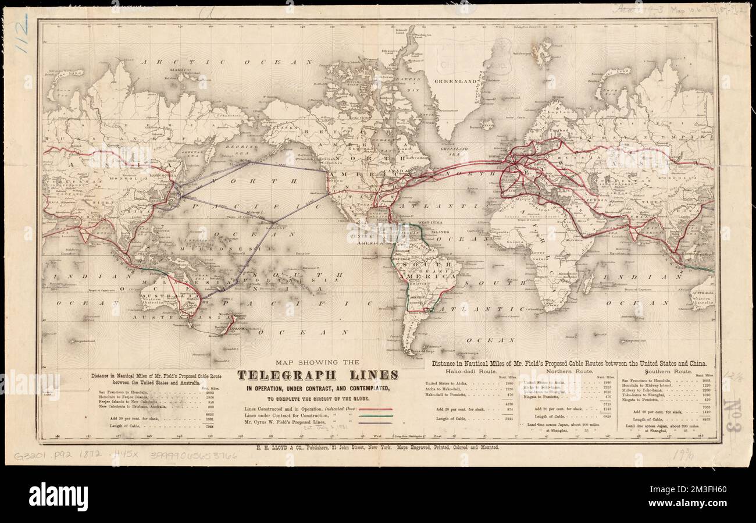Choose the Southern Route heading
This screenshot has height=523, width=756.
pyautogui.click(x=668, y=371)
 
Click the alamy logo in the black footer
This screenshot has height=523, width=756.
pyautogui.click(x=58, y=496)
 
